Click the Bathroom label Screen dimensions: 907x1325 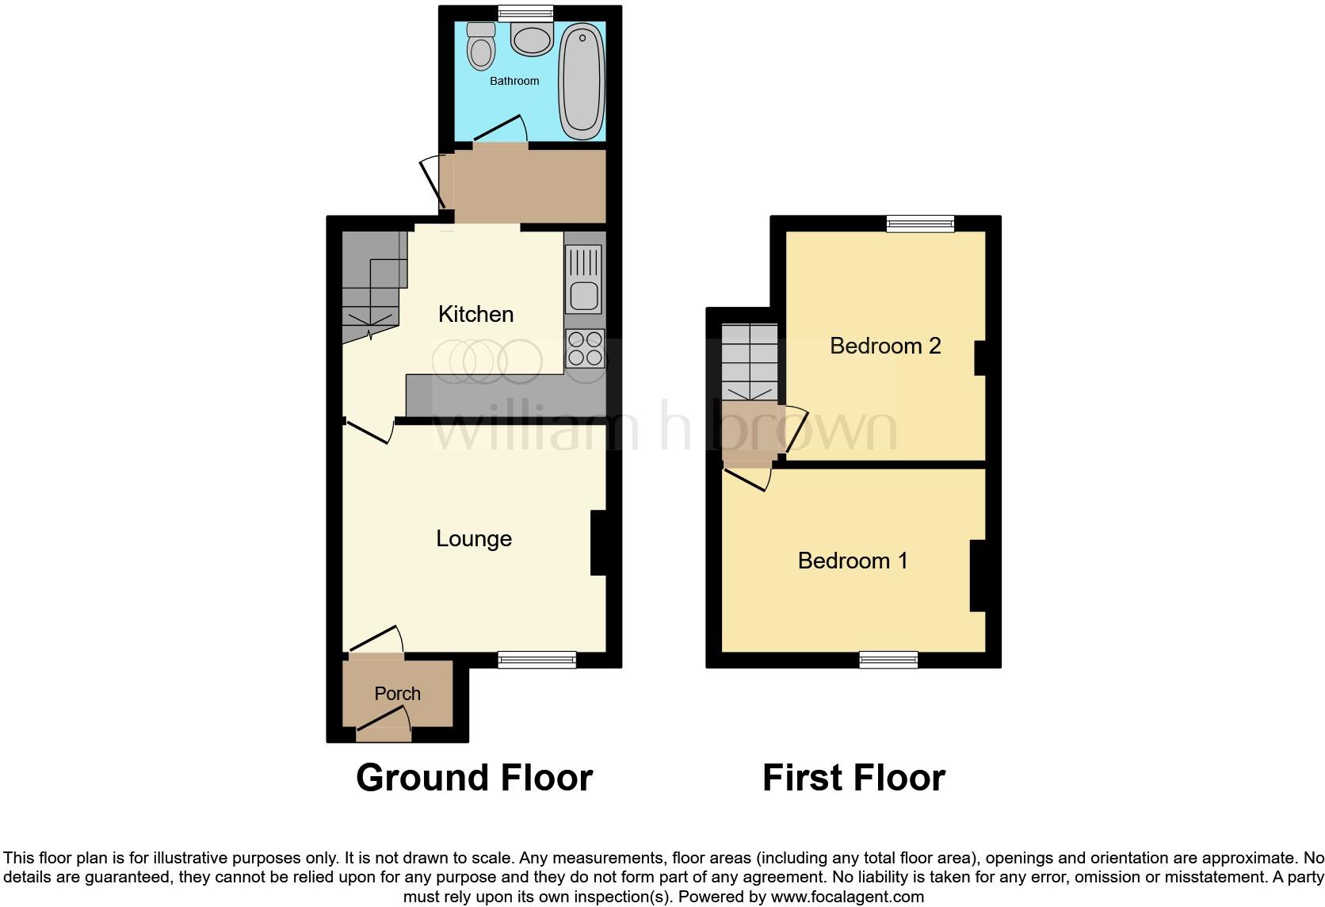[514, 81]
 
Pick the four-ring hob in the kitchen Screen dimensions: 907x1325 [585, 349]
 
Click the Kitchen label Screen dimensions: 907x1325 [475, 314]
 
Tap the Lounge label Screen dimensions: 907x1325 [474, 539]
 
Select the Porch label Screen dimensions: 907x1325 [397, 694]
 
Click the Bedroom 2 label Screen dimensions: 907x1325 [885, 346]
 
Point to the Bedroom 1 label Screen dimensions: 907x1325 [853, 561]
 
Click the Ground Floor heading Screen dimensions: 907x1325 [474, 778]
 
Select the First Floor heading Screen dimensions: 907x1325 [853, 778]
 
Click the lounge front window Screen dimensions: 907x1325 [536, 660]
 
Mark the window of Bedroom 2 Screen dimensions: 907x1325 [920, 224]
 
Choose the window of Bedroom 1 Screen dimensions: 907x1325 [888, 660]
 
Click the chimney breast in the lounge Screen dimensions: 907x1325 [598, 543]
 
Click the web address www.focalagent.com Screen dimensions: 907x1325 [847, 897]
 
